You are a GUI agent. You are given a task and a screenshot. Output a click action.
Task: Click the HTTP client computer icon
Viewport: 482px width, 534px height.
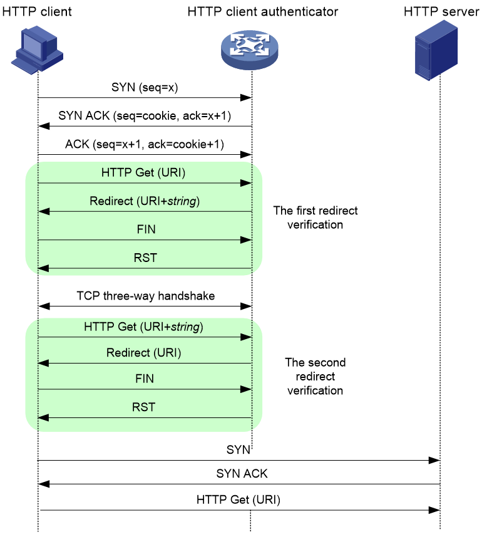click(37, 50)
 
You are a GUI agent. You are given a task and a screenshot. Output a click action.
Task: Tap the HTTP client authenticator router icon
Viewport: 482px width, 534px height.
click(250, 50)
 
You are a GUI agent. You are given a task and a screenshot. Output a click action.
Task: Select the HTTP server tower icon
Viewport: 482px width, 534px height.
click(436, 50)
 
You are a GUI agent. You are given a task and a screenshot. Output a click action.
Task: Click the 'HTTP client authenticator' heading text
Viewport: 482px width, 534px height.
click(263, 11)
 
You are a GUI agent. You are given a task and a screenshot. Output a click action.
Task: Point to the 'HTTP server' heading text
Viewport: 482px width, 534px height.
click(441, 11)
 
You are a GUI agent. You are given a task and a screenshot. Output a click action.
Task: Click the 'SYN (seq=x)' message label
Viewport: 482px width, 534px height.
click(145, 88)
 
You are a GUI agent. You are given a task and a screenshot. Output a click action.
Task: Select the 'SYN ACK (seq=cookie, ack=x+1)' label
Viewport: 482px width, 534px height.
click(145, 116)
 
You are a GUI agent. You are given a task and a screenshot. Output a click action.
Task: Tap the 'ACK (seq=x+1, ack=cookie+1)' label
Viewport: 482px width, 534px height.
click(145, 144)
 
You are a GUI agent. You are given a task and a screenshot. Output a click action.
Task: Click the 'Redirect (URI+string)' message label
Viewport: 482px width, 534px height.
click(145, 201)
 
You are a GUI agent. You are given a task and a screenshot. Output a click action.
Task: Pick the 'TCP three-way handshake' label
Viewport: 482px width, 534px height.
click(146, 296)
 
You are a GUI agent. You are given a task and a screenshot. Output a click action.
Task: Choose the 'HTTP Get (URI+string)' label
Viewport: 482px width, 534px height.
click(143, 327)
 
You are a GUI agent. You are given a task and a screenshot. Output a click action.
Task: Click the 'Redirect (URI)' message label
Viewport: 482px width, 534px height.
click(143, 353)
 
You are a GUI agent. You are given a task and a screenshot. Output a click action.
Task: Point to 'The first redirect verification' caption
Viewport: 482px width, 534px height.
click(315, 217)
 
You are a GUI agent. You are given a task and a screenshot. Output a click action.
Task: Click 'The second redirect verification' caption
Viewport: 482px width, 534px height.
click(315, 376)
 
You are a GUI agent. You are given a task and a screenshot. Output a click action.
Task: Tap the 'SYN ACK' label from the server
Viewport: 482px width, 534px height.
click(242, 473)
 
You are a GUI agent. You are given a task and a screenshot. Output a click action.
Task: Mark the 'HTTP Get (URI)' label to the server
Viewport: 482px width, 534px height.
click(238, 500)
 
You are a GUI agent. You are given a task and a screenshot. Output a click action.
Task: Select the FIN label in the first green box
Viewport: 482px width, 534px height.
click(146, 229)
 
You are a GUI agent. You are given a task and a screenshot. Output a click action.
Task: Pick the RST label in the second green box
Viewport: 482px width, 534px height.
click(143, 407)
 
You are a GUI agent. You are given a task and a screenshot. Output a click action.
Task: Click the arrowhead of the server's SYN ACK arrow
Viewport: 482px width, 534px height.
click(44, 484)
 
